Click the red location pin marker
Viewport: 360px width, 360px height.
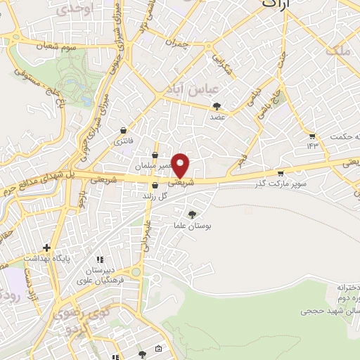tap(182, 166)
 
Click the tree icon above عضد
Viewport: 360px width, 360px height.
tap(217, 106)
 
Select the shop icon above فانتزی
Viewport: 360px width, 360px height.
tap(124, 130)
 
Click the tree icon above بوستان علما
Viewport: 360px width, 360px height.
tap(192, 214)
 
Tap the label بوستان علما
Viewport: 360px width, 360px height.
tap(192, 226)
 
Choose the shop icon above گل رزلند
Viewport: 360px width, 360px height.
tap(155, 186)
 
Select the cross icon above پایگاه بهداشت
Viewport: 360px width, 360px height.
tap(46, 247)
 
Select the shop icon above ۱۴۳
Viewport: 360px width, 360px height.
tap(312, 135)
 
